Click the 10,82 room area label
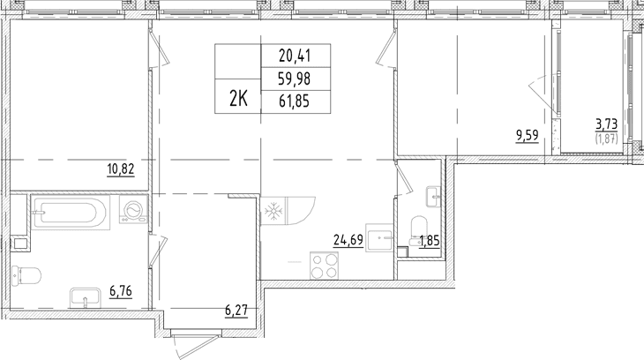pos(121,169)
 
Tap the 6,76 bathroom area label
pos(121,291)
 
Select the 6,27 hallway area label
pos(236,310)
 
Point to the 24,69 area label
pos(348,240)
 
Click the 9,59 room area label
pos(528,135)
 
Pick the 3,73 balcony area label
pos(606,124)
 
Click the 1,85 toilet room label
pos(430,241)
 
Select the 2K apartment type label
pos(238,99)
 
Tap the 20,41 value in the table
pos(295,56)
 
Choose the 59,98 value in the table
pos(295,79)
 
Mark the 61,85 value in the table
pos(295,101)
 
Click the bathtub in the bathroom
pos(71,213)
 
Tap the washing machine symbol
pos(133,210)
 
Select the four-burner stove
pos(325,266)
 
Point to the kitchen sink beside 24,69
pos(379,238)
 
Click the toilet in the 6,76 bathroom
pos(26,276)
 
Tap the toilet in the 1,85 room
pos(418,230)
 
